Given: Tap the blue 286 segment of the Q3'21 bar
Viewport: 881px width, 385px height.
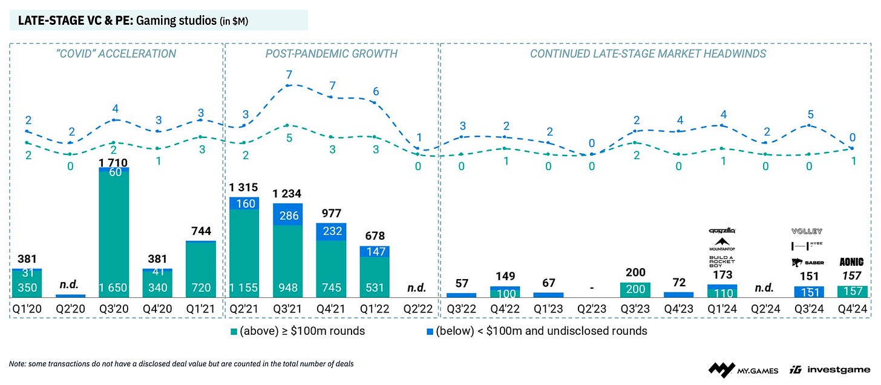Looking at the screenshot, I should [x=287, y=215].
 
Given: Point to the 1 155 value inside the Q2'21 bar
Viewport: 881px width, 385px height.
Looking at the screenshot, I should [x=244, y=288].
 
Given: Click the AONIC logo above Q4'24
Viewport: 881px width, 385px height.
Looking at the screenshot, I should [x=851, y=263].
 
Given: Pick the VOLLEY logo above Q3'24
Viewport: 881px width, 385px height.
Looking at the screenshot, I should [x=807, y=232].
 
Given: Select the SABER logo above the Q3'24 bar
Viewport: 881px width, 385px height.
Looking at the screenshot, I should [x=807, y=263].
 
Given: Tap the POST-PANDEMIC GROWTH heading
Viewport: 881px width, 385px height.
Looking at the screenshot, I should [x=331, y=54].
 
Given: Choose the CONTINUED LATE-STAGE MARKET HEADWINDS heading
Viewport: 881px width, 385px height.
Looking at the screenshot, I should [x=648, y=54].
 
